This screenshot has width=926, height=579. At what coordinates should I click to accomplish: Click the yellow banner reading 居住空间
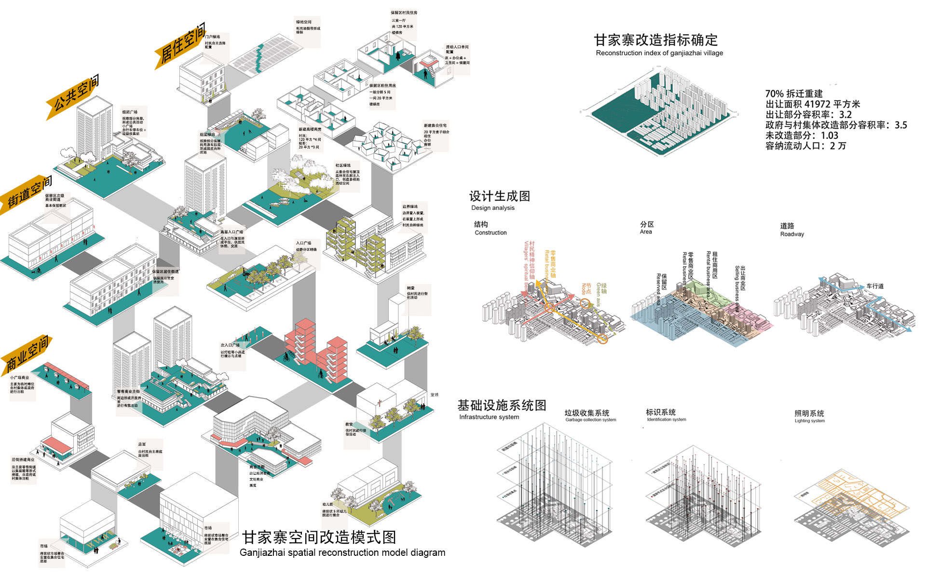(181, 45)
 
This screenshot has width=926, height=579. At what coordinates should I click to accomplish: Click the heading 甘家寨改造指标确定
(655, 40)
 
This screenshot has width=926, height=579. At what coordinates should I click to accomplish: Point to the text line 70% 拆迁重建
(794, 94)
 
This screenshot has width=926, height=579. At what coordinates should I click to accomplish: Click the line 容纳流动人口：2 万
(805, 146)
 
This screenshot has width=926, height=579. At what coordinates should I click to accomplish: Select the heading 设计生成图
(500, 196)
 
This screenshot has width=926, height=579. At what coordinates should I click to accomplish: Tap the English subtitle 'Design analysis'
(493, 208)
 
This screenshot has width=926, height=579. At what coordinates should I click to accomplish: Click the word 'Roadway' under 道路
(792, 234)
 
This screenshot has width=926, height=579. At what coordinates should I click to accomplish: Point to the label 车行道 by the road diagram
(875, 286)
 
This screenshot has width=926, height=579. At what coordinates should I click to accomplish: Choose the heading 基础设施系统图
(502, 405)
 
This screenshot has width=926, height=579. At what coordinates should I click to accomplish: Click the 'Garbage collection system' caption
(591, 420)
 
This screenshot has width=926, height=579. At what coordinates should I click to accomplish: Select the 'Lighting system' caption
(810, 421)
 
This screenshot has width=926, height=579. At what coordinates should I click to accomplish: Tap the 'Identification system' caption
(667, 420)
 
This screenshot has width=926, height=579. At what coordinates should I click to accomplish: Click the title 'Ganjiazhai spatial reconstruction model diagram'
(342, 552)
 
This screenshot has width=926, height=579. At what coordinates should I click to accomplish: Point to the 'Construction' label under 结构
(490, 233)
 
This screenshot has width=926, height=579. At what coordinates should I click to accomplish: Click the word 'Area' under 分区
(646, 232)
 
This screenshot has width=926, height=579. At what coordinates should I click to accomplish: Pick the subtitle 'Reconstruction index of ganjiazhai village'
(659, 53)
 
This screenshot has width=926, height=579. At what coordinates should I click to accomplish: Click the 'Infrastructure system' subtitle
(489, 417)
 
